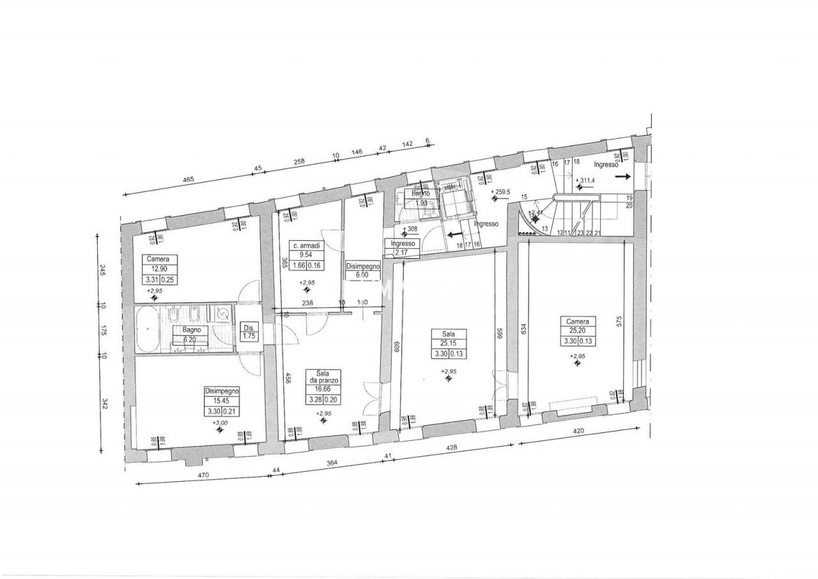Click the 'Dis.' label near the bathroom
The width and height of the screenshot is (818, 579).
click(249, 329)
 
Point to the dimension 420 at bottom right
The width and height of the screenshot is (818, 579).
click(579, 431)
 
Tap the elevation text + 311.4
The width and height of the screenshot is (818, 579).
click(585, 180)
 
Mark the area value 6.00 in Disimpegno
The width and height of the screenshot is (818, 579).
click(362, 275)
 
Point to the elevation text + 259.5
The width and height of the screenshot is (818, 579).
click(501, 191)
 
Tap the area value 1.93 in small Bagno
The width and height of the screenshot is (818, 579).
click(421, 203)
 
